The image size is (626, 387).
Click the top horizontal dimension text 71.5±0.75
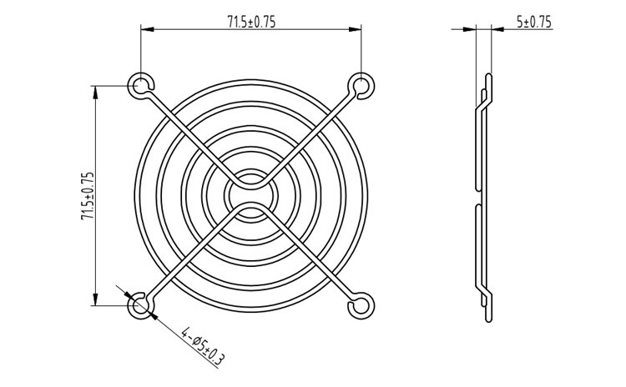(251, 22)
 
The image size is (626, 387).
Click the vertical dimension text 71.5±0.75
(88, 195)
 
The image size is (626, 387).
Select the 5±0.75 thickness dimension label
(534, 22)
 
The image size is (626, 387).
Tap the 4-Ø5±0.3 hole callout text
(203, 347)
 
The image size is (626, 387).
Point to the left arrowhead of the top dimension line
(147, 28)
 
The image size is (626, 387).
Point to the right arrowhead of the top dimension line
(355, 28)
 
